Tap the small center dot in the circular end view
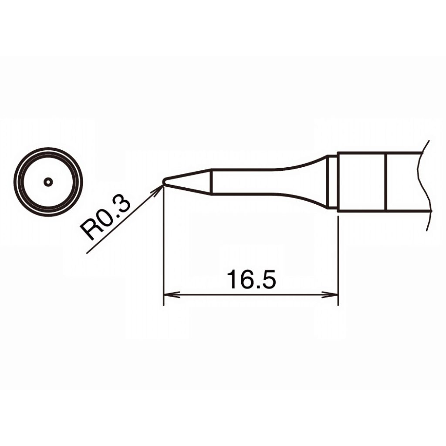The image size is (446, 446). pyautogui.click(x=48, y=182)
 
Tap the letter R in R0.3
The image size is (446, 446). pyautogui.click(x=89, y=230)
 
